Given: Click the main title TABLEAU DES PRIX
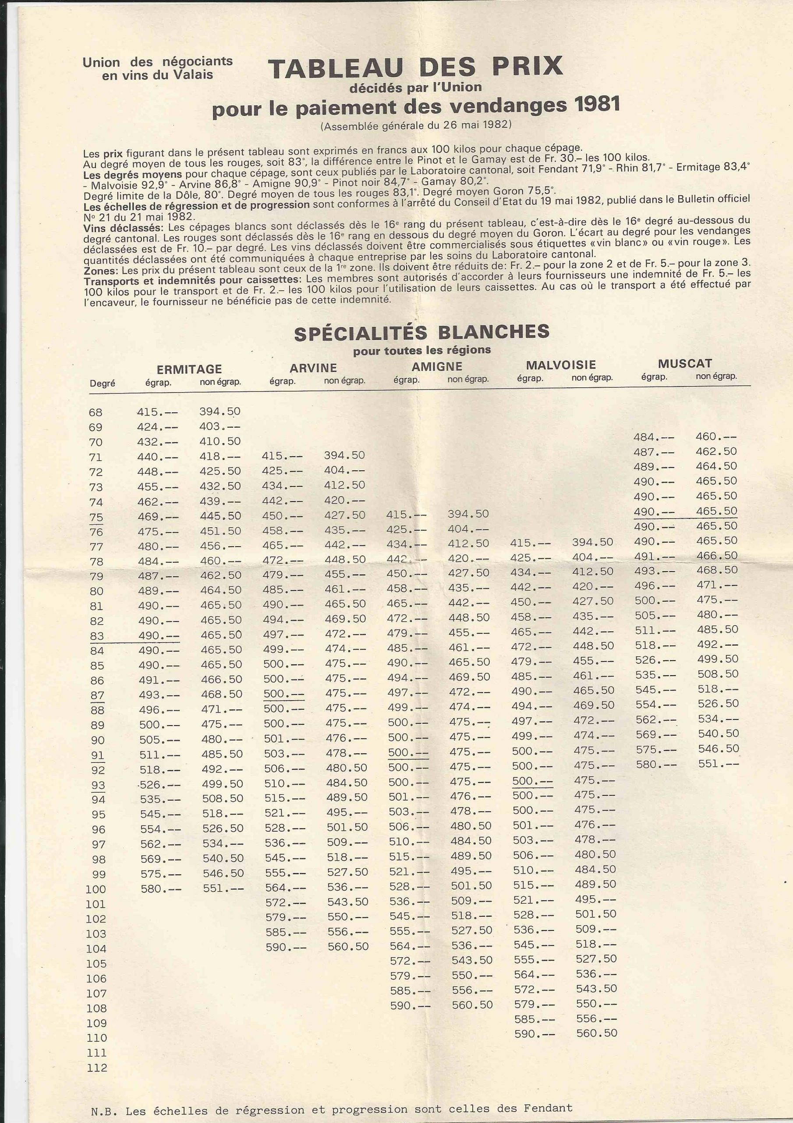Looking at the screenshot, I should pos(415,68).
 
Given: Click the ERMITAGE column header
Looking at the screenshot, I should pos(189,369).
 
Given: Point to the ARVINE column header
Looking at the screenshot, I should pos(313,368).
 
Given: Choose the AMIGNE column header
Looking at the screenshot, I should pos(437,366).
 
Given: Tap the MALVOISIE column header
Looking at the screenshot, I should pos(561,365).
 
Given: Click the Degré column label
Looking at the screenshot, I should pos(102,383).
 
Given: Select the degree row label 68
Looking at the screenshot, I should pos(96,412).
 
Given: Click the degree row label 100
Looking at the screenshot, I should pos(96,889).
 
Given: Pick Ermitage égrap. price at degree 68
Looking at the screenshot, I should pos(157,412).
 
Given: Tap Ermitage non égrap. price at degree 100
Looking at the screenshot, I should pos(223,888).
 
